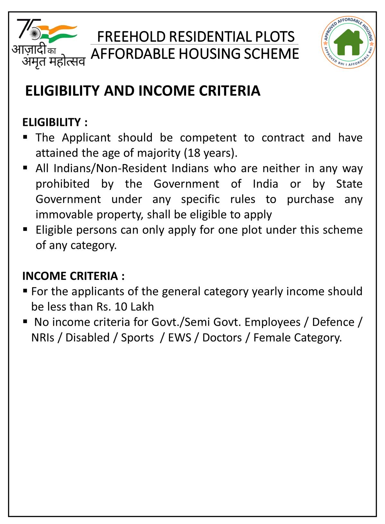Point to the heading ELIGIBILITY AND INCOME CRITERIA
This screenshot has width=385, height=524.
pyautogui.click(x=143, y=91)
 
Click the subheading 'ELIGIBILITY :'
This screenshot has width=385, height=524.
pyautogui.click(x=55, y=122)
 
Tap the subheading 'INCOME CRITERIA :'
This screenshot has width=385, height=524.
pyautogui.click(x=73, y=276)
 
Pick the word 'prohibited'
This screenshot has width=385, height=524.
pyautogui.click(x=63, y=184)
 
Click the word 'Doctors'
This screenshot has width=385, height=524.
pyautogui.click(x=222, y=338)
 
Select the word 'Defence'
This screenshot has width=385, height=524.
pyautogui.click(x=333, y=322)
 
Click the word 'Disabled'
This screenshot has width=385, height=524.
pyautogui.click(x=88, y=338)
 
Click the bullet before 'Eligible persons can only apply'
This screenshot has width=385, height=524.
pyautogui.click(x=25, y=229)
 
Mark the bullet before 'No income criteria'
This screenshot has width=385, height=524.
pyautogui.click(x=25, y=322)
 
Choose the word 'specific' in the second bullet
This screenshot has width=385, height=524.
pyautogui.click(x=200, y=199)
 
